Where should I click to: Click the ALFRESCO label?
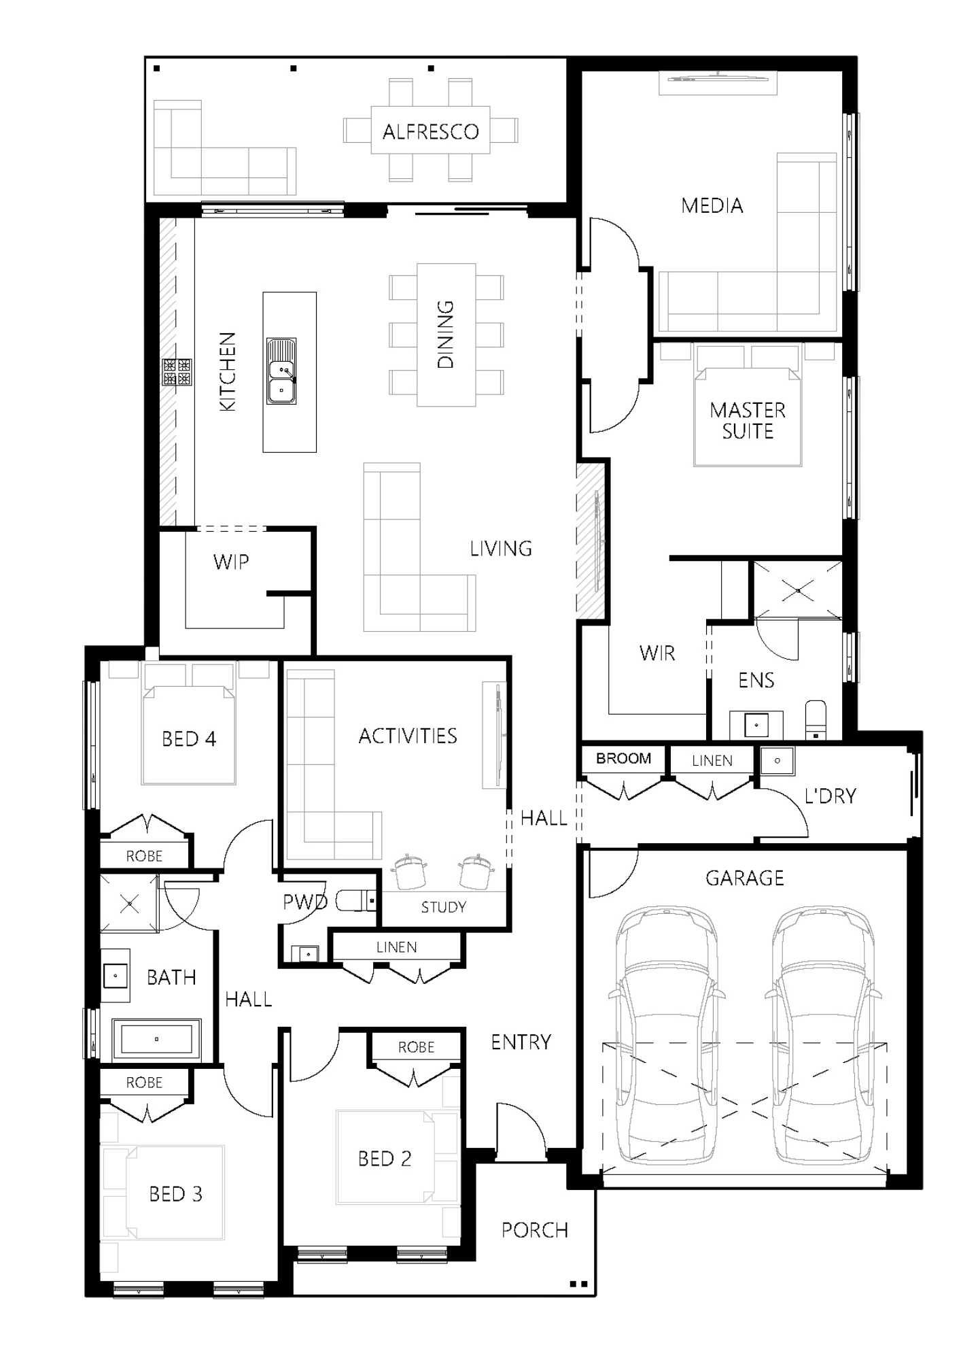(430, 131)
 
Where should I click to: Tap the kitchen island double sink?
(281, 371)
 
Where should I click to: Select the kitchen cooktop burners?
(177, 372)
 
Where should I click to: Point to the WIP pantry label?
(231, 562)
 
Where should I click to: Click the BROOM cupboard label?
(623, 758)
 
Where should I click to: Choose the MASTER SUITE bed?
(748, 406)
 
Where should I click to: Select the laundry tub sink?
(777, 760)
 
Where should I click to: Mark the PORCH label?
(535, 1230)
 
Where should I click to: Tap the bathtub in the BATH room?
(156, 1039)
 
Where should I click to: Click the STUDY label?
(444, 907)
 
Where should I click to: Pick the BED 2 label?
(385, 1159)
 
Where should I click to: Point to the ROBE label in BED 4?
(144, 856)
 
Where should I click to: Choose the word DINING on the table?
(445, 335)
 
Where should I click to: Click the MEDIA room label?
(712, 205)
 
